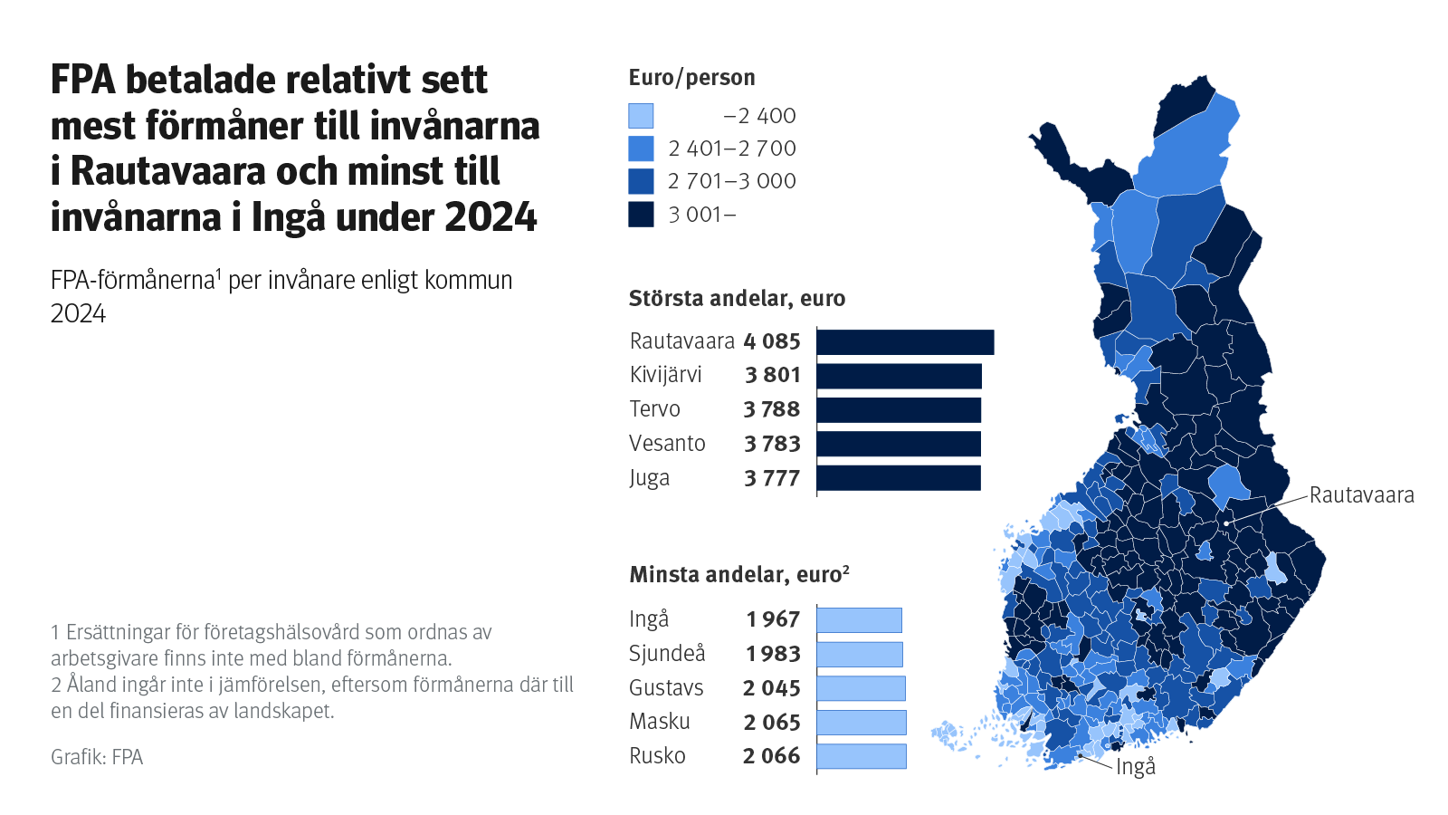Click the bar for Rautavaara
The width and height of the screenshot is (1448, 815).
905,342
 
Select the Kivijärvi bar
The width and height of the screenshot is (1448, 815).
899,376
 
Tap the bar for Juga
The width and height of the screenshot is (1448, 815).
899,478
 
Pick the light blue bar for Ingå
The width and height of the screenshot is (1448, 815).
859,620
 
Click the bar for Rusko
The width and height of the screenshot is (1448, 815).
861,756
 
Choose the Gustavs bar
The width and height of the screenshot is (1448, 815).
861,688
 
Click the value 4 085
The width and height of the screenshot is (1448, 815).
772,342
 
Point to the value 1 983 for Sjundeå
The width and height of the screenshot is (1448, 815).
773,654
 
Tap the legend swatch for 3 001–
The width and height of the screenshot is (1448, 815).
641,215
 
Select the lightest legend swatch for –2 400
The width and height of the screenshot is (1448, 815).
641,116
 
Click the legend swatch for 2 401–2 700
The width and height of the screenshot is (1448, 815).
641,149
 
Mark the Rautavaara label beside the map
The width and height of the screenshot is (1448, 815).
1361,495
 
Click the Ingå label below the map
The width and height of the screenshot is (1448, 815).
1136,768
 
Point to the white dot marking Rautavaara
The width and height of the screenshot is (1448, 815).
1226,523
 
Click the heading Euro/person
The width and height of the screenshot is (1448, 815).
691,78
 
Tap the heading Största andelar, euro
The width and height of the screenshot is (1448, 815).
737,299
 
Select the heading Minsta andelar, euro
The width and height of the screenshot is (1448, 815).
735,575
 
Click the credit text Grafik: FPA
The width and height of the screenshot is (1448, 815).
97,757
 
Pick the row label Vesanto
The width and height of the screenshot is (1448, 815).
667,444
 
